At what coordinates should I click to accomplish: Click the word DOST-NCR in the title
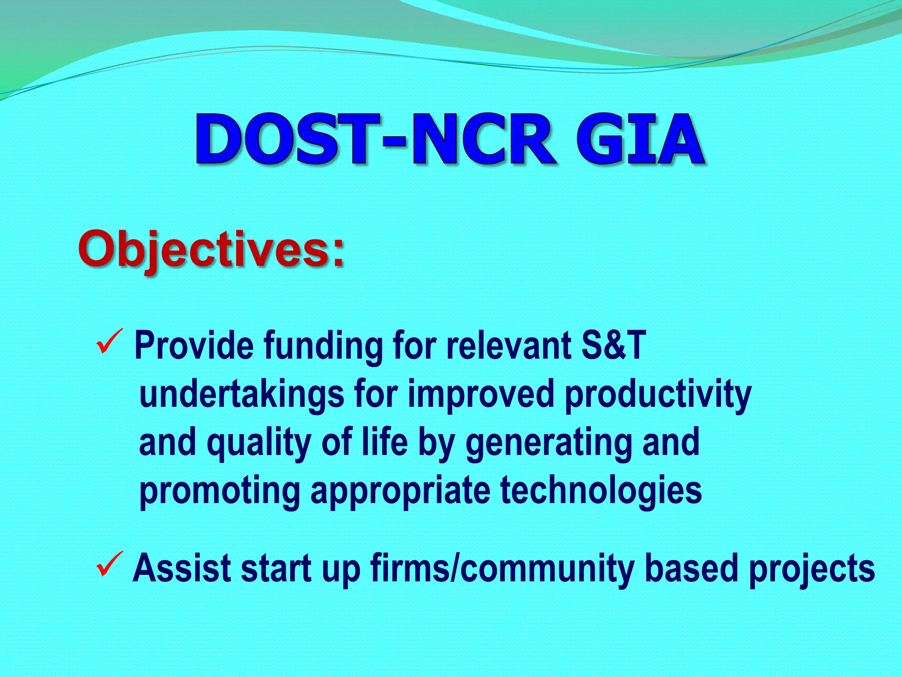(374, 140)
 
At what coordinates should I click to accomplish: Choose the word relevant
(509, 346)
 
